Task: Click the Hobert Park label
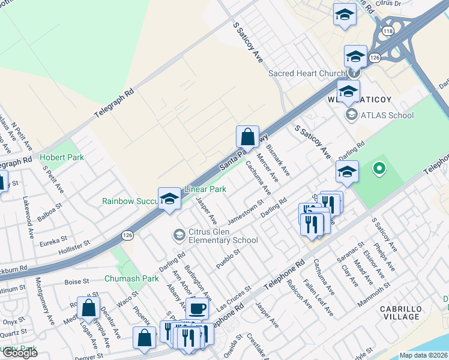point(62,157)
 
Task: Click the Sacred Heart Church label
point(304,73)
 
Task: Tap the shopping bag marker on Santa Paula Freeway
point(247,137)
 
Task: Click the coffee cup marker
point(197,309)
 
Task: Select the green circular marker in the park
point(379,169)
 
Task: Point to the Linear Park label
point(205,189)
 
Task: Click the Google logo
point(20,352)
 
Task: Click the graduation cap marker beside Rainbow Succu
point(170,199)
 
